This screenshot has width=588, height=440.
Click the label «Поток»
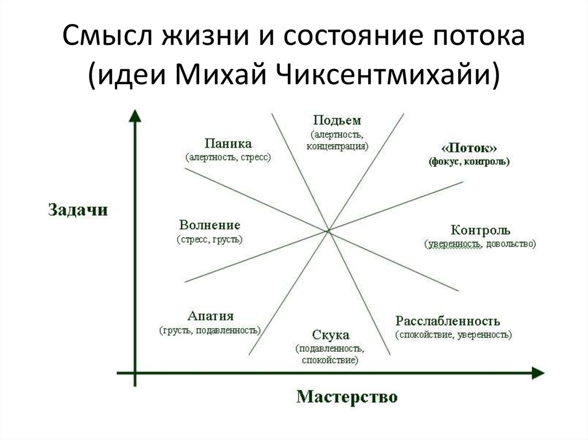point(469,148)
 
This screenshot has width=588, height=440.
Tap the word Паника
point(228,143)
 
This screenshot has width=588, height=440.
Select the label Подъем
point(336,120)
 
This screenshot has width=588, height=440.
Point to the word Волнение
point(210,225)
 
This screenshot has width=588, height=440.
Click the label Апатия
point(210,316)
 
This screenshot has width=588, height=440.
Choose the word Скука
point(330,335)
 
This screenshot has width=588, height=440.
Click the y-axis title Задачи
point(78,210)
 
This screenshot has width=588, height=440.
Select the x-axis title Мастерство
point(347,397)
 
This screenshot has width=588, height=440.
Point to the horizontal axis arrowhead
point(538,373)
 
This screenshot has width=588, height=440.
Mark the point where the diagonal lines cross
point(328,231)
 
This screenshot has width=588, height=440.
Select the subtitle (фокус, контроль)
point(469,162)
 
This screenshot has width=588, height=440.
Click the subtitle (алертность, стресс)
point(228,157)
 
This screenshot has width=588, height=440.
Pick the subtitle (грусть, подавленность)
point(210,330)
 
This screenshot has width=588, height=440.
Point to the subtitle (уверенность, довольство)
point(480,244)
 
